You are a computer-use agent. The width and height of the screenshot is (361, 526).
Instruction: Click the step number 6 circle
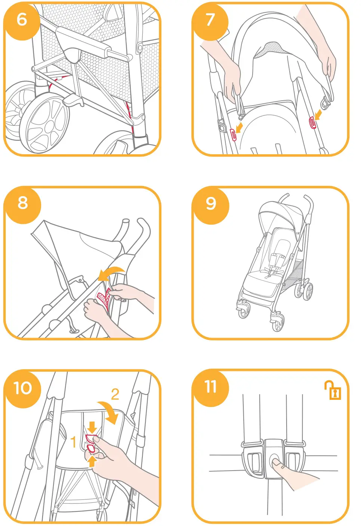(x=22, y=19)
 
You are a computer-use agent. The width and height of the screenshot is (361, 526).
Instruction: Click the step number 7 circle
(x=210, y=19)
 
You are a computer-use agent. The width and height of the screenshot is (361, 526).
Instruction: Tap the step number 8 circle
(x=22, y=203)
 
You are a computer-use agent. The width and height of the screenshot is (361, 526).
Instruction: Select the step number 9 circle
(x=211, y=204)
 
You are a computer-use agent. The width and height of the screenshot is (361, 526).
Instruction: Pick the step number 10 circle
(x=22, y=388)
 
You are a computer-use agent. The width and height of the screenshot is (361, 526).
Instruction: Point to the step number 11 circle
(x=210, y=387)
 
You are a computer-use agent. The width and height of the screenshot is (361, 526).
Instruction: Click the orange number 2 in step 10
(x=115, y=394)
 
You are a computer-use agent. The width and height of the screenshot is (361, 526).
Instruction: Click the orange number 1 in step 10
(x=74, y=442)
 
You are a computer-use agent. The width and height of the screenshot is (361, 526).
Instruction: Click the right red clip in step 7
(x=312, y=122)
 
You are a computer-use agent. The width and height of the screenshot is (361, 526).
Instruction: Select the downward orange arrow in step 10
(x=92, y=426)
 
